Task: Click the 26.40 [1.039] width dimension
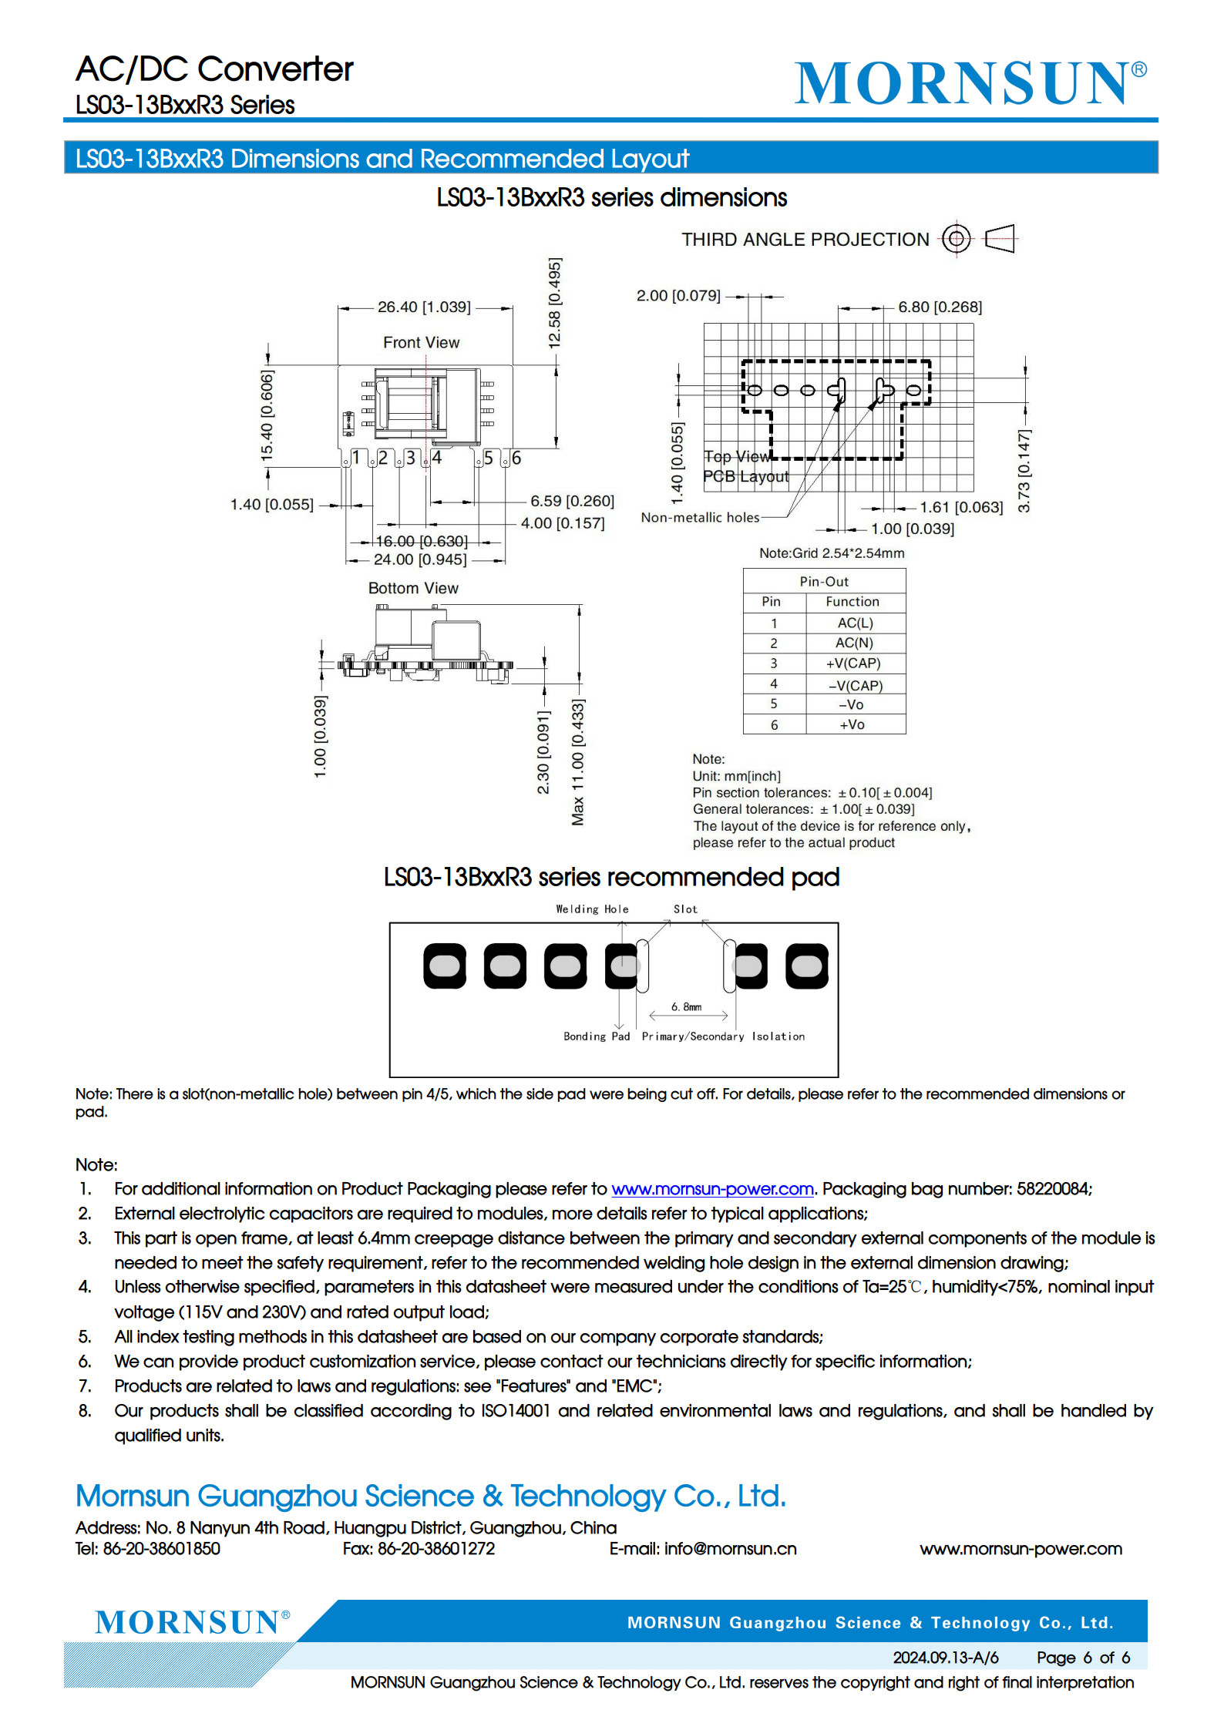(x=424, y=307)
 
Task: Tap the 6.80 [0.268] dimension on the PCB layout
(x=940, y=307)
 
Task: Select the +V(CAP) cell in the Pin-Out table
(x=853, y=663)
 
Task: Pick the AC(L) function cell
(x=855, y=623)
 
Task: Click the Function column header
(x=852, y=602)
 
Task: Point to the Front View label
(x=421, y=342)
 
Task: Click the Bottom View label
(x=413, y=588)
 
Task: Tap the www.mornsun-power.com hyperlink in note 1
(x=712, y=1189)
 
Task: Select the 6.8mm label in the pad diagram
(x=686, y=1006)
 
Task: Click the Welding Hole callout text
(x=592, y=909)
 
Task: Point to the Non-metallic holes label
(x=700, y=518)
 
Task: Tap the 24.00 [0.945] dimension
(x=420, y=559)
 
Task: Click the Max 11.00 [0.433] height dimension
(x=578, y=761)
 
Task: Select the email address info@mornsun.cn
(x=730, y=1549)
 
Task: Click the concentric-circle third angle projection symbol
(x=956, y=239)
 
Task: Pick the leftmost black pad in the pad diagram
(x=445, y=966)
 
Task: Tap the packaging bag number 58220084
(x=1053, y=1189)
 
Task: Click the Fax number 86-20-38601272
(x=436, y=1549)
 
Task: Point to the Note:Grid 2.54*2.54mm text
(x=832, y=553)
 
